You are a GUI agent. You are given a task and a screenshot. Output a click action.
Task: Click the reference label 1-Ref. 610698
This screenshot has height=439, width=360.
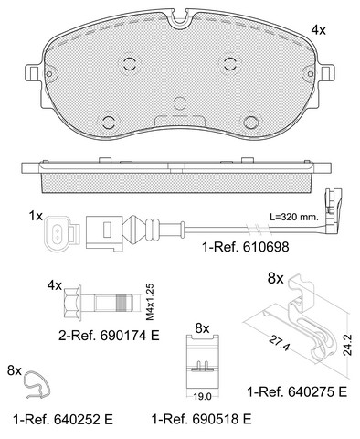[x=246, y=247]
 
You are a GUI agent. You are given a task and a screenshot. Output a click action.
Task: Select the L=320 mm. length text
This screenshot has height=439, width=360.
[x=294, y=217]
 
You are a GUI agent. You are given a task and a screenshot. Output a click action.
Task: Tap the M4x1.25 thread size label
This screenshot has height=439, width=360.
[x=150, y=302]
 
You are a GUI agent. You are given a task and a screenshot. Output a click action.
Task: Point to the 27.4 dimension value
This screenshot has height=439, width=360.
[x=279, y=343]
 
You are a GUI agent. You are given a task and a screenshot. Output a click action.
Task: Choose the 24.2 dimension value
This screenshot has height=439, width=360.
[x=347, y=345]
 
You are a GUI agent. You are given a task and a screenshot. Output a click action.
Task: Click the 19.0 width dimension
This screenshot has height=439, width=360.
[x=202, y=397]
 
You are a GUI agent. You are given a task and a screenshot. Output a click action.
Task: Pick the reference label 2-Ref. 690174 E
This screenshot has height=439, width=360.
[x=109, y=336]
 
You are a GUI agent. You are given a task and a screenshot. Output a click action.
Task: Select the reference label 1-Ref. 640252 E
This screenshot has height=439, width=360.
[x=63, y=420]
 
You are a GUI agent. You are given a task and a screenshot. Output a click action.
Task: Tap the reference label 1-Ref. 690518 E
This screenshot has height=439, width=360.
[x=202, y=419]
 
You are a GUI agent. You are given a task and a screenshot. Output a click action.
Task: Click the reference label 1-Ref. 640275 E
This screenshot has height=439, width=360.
[x=297, y=391]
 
